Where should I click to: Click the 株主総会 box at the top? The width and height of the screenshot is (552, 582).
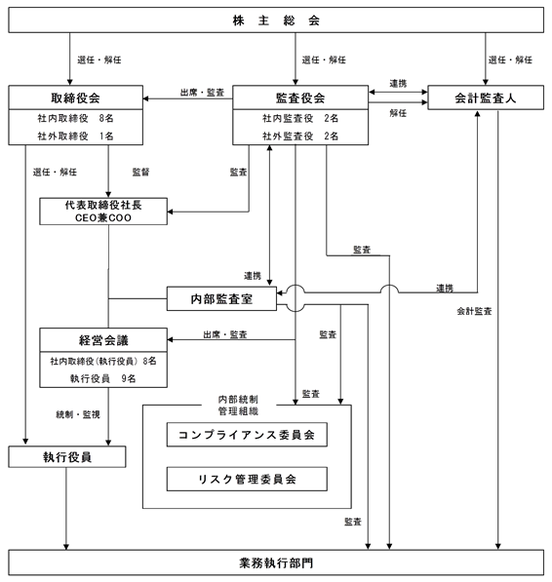point(276,20)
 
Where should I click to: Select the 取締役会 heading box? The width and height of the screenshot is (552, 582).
point(76,97)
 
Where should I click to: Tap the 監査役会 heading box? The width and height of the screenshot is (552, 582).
point(300,97)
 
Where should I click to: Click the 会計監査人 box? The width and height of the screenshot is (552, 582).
point(486,97)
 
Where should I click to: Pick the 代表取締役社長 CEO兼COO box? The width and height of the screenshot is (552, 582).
point(103,212)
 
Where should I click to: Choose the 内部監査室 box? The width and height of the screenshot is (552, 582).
point(221,298)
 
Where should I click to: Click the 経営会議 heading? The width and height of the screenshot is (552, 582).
point(103,340)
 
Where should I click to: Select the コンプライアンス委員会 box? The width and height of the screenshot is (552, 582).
point(247,434)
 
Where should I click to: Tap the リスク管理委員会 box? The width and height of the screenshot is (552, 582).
point(247,479)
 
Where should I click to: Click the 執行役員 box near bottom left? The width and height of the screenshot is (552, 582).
point(67,456)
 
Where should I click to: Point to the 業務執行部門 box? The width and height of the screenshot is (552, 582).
point(276,563)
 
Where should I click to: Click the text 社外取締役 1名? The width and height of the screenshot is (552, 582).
point(75,136)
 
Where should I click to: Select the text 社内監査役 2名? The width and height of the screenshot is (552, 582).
point(300,118)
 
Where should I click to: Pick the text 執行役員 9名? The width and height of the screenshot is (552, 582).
point(102,378)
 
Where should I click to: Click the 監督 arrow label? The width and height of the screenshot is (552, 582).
point(140,172)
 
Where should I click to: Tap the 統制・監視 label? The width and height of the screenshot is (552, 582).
point(78,414)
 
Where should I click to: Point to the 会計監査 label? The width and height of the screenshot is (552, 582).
point(474,311)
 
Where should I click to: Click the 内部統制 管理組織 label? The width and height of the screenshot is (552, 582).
point(238,405)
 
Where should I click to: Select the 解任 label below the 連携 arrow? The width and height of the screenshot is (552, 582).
point(398,113)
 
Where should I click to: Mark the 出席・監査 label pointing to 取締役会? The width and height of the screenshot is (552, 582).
point(202,93)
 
